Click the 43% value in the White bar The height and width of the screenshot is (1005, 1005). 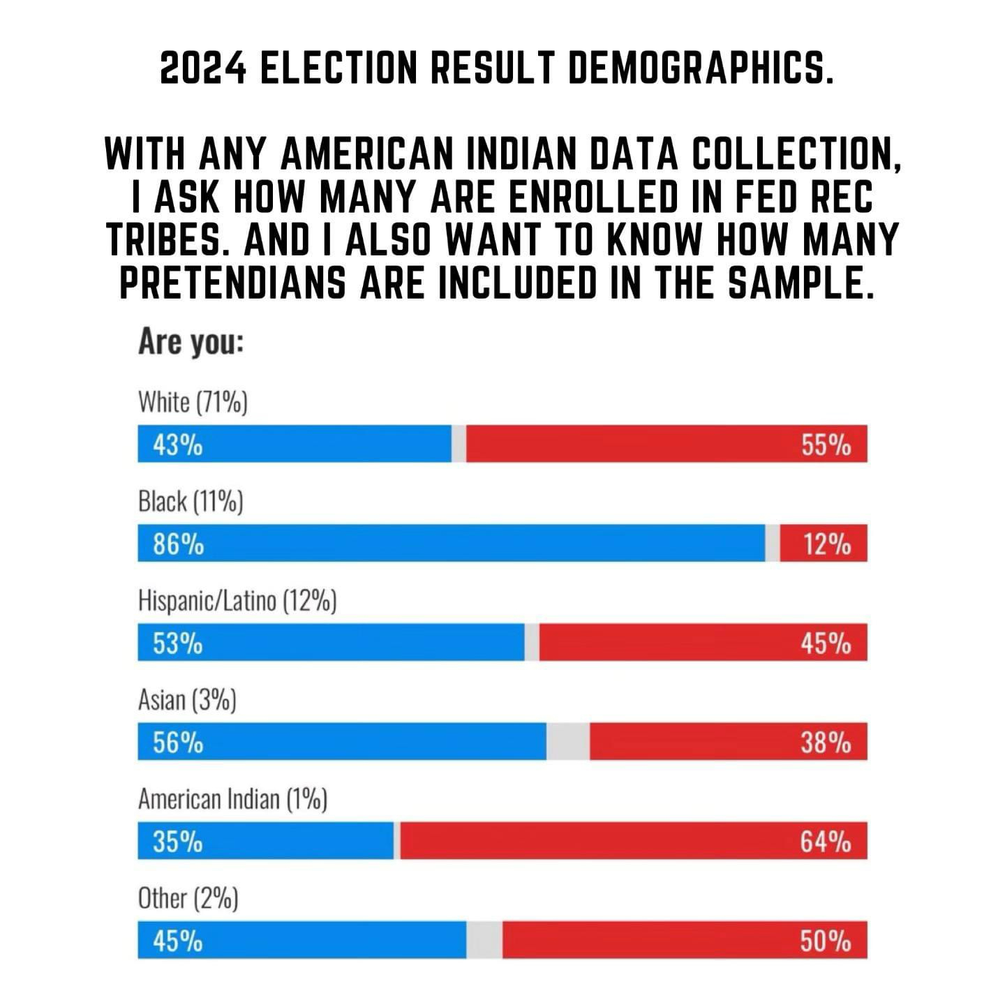(178, 445)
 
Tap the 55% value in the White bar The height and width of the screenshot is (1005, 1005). (826, 445)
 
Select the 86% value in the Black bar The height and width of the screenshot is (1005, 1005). (179, 544)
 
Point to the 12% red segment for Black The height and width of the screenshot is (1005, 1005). (824, 544)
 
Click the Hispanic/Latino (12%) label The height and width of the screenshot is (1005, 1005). (237, 600)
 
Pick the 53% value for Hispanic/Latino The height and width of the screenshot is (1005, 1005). (178, 643)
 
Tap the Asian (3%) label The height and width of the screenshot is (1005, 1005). (187, 700)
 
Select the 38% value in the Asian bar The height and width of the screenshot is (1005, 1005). (826, 743)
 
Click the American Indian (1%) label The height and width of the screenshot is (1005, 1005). (232, 799)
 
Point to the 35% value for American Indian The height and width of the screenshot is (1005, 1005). (178, 842)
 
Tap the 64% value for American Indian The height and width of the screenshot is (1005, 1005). (826, 842)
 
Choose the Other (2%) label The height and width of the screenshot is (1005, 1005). (188, 898)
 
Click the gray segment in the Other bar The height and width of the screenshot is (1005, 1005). (484, 941)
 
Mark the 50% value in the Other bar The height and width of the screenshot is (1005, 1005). (826, 941)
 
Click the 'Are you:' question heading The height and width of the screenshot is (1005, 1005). (191, 343)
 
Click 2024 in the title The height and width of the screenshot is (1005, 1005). (202, 68)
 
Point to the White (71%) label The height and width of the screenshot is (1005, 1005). (193, 403)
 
